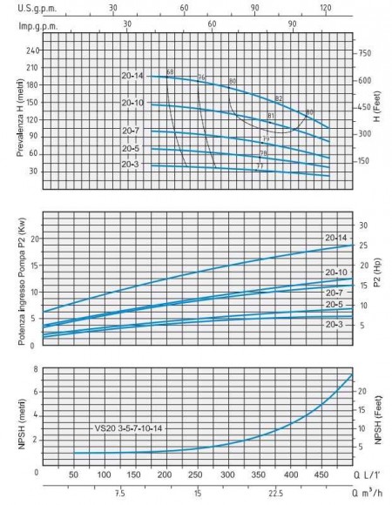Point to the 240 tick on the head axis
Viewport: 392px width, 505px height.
(x=34, y=50)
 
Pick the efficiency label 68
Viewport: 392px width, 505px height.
(x=170, y=71)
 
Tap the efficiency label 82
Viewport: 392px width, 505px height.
(x=279, y=98)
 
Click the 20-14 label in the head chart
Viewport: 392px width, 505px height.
(x=132, y=76)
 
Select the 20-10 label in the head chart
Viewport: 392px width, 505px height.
(x=132, y=104)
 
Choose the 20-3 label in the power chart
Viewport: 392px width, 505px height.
(x=335, y=324)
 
